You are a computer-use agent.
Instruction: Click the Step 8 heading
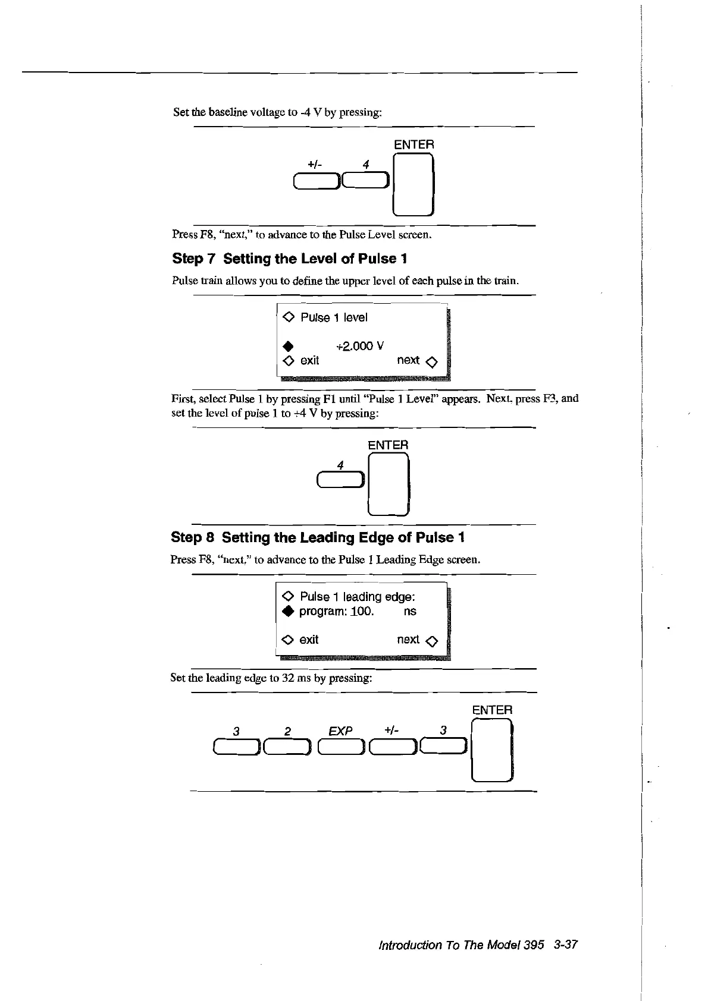pyautogui.click(x=318, y=537)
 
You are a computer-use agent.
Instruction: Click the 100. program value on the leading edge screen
pyautogui.click(x=362, y=611)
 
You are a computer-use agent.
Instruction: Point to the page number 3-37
pyautogui.click(x=565, y=945)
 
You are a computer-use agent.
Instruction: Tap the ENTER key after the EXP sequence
pyautogui.click(x=491, y=750)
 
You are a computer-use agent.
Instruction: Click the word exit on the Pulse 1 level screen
pyautogui.click(x=309, y=360)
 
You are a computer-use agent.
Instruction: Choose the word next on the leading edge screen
pyautogui.click(x=408, y=640)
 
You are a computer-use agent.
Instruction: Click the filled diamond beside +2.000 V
pyautogui.click(x=288, y=346)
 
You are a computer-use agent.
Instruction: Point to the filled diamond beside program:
pyautogui.click(x=288, y=612)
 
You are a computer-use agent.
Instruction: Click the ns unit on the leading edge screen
pyautogui.click(x=409, y=611)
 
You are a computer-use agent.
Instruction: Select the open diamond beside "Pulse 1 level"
pyautogui.click(x=288, y=317)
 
